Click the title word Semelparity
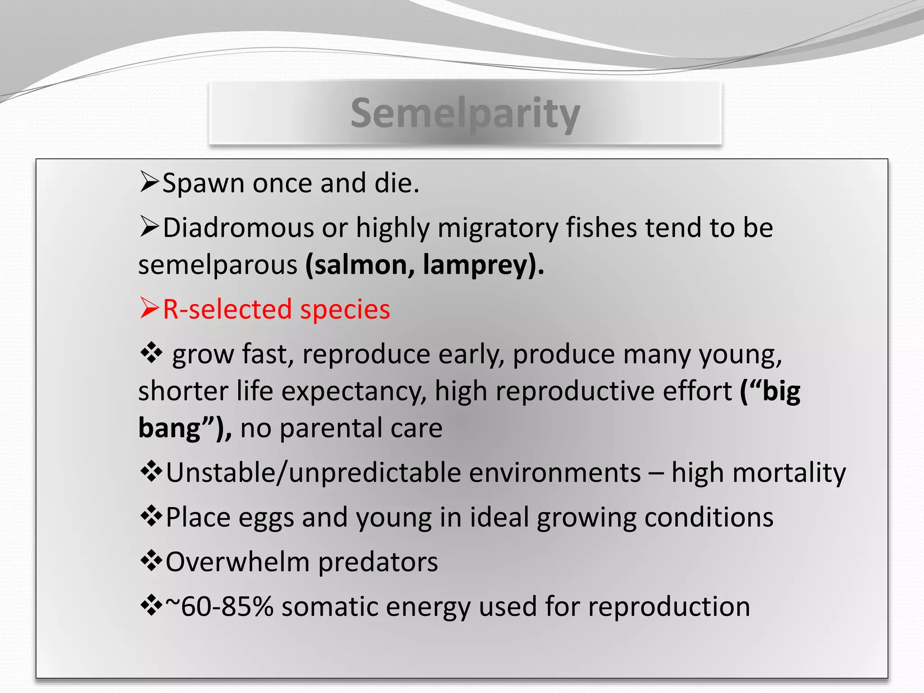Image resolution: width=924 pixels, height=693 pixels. (x=465, y=113)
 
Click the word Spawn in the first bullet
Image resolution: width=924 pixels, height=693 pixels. (x=203, y=184)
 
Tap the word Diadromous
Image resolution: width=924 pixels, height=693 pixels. (x=238, y=228)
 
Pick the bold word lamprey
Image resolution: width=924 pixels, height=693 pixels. (x=476, y=265)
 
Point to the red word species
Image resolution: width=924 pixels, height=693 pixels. (x=345, y=310)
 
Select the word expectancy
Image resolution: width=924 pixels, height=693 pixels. (x=354, y=391)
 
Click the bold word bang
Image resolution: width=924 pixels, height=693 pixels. (x=169, y=428)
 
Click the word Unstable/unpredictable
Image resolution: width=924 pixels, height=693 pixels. (x=403, y=473)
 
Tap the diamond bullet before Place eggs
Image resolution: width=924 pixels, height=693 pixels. (x=151, y=517)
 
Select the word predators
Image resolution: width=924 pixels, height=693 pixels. (x=378, y=562)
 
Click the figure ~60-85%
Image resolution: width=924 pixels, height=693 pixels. (x=220, y=606)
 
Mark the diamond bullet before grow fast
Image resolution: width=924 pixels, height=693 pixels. (x=151, y=353)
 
